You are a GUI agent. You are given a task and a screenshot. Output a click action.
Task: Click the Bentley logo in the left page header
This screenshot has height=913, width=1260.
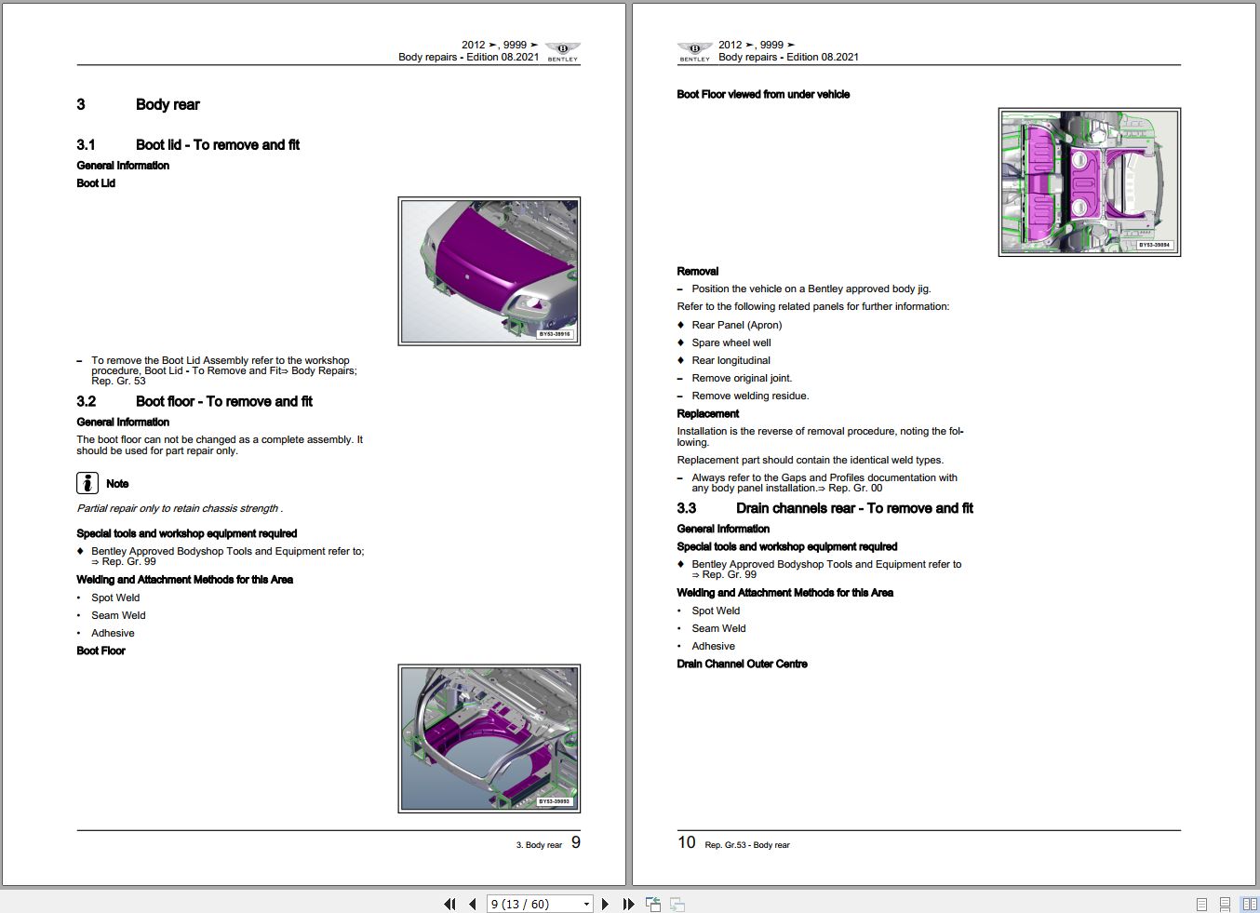(x=562, y=50)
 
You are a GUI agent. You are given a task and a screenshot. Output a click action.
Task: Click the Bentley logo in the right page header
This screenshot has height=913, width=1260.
(x=694, y=50)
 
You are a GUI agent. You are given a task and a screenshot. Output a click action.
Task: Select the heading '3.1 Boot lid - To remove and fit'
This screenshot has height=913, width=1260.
(x=188, y=145)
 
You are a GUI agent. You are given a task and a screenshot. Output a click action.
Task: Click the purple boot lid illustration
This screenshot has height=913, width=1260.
(x=489, y=271)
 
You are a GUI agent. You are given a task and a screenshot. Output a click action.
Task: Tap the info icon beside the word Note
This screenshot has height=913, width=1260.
(x=87, y=483)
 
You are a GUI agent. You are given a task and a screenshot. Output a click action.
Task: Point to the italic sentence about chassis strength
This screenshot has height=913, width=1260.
(x=180, y=508)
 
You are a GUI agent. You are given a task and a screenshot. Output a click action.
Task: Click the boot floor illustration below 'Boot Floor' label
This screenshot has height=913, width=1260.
(x=489, y=738)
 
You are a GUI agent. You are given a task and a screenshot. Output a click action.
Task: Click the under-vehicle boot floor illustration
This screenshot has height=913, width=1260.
(x=1089, y=181)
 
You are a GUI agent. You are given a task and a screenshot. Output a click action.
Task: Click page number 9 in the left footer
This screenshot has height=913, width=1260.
(x=575, y=842)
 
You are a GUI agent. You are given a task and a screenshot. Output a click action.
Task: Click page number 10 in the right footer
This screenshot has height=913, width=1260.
(x=687, y=842)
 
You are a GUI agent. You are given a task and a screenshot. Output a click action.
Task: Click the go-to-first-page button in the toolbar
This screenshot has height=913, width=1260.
(x=450, y=904)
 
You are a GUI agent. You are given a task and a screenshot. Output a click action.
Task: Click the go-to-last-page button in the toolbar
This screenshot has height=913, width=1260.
(x=628, y=904)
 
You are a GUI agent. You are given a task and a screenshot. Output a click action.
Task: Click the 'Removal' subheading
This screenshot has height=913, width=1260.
(x=698, y=272)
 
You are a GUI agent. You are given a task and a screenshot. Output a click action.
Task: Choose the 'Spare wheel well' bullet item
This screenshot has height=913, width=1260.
(x=731, y=342)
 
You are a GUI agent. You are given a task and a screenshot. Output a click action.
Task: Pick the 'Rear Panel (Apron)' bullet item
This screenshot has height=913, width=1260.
(x=737, y=325)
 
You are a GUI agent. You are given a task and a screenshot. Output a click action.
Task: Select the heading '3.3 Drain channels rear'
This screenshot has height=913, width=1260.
(x=824, y=508)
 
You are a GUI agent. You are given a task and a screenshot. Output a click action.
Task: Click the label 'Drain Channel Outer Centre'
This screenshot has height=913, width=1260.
(x=742, y=664)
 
